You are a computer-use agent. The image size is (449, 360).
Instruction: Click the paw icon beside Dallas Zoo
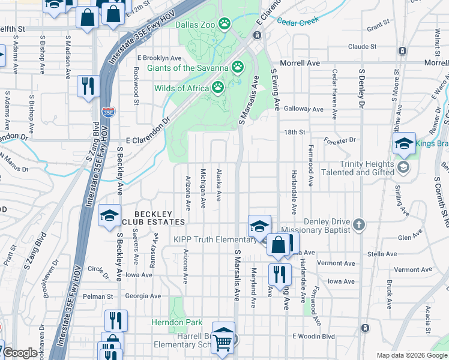click(224, 24)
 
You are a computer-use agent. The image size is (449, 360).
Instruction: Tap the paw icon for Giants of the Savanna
click(238, 67)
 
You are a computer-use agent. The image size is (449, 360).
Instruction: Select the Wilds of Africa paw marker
click(217, 88)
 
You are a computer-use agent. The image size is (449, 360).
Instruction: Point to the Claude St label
click(361, 46)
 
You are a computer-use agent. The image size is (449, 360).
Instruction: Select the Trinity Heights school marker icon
click(403, 166)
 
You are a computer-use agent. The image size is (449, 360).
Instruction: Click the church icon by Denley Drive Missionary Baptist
click(359, 224)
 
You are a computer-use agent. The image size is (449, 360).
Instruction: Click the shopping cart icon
click(223, 342)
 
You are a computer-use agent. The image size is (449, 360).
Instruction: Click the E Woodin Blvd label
click(313, 337)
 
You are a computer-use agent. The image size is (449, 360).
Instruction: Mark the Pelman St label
click(98, 296)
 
